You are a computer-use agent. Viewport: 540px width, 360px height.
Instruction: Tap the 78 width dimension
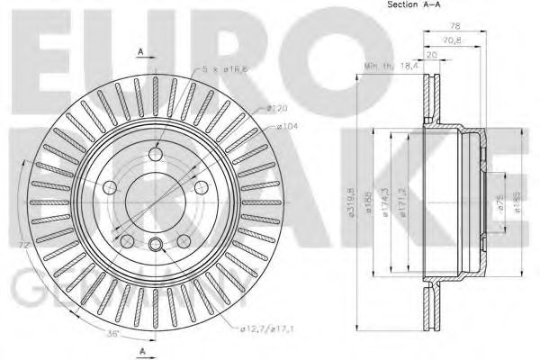[x=456, y=27]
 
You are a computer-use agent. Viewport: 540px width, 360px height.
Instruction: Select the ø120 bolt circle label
[x=276, y=109]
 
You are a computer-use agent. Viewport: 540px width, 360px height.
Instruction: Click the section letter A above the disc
[x=141, y=51]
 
